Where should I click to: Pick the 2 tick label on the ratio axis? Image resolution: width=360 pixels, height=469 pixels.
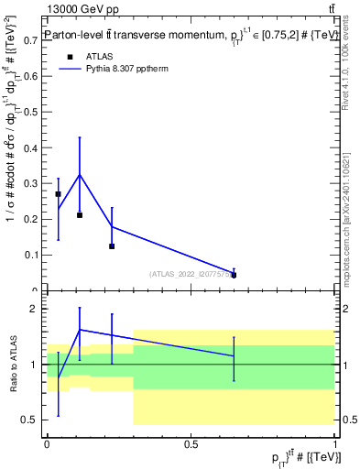click(x=37, y=309)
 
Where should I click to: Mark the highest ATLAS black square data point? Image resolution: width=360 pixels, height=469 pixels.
click(x=59, y=194)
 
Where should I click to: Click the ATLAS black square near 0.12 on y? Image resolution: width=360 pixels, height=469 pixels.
click(x=112, y=246)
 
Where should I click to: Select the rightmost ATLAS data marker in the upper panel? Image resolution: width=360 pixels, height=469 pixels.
click(x=235, y=275)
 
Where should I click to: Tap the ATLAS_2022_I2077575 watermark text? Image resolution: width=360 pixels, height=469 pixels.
click(x=191, y=274)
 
